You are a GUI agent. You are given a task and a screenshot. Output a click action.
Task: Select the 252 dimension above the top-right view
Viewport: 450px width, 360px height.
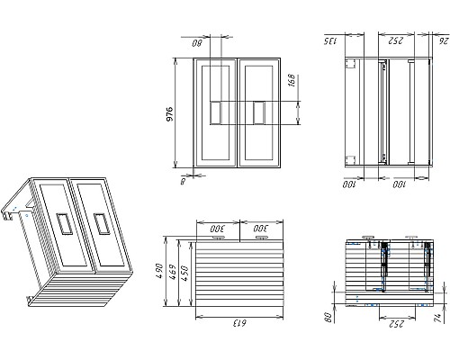[x=394, y=40]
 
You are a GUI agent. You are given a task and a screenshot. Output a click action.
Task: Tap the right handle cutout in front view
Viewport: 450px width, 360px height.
[x=259, y=112]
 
